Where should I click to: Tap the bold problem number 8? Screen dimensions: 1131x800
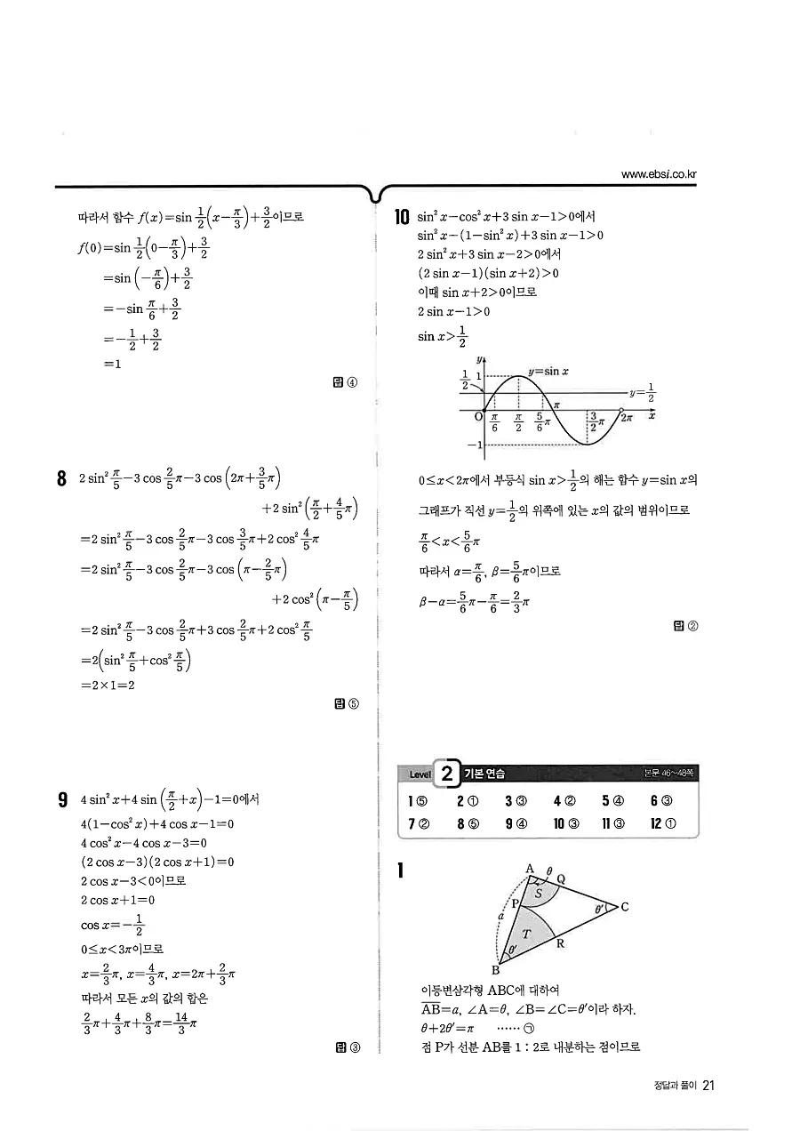(x=62, y=479)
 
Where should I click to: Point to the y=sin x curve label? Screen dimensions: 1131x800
(x=548, y=371)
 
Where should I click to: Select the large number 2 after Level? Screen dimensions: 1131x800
(x=449, y=774)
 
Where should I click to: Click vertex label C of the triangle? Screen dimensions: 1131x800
(x=625, y=907)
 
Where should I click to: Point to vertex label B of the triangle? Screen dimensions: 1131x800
(x=496, y=969)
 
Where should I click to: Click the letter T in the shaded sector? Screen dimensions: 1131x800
(x=526, y=934)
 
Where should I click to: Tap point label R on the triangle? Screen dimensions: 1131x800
(x=561, y=943)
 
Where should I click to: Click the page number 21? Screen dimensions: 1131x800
(x=708, y=1086)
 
